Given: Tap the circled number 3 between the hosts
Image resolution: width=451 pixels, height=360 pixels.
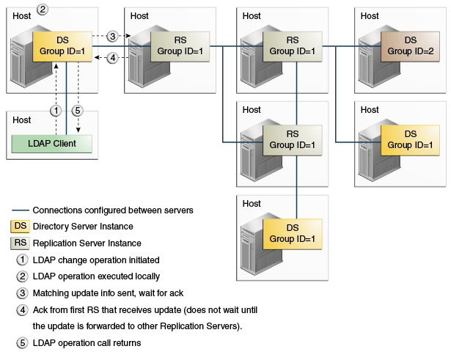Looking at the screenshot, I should pos(112,36).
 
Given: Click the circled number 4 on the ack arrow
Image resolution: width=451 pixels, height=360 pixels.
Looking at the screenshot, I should pos(112,58).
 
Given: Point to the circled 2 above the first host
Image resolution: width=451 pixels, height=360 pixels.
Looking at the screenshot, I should pos(43,10).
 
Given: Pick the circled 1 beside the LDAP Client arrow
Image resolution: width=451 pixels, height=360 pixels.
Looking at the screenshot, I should pos(54,111).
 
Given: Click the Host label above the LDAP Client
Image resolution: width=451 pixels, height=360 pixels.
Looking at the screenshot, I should pos(22,120).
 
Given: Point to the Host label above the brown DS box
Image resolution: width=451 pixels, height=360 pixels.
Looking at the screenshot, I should pos(370,15).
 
